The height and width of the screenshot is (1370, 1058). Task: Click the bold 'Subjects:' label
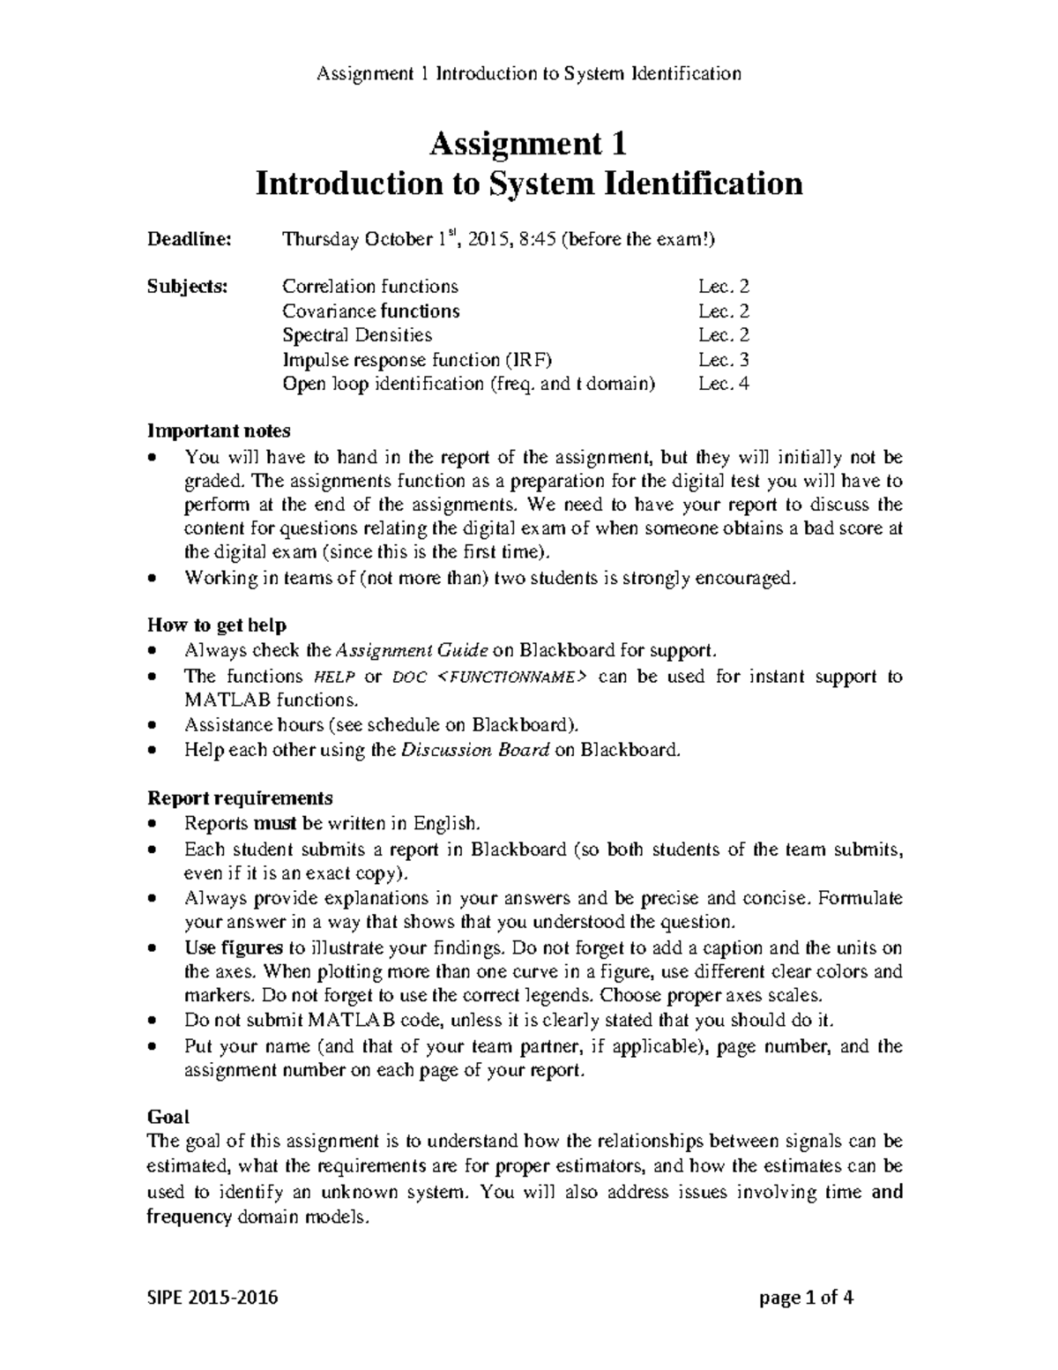187,287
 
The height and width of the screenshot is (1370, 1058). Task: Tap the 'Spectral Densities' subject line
357,335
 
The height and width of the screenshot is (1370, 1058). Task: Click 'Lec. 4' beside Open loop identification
723,384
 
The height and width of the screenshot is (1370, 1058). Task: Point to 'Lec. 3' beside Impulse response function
723,360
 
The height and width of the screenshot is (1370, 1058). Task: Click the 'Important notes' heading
219,431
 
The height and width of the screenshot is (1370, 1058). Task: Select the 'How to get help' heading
217,625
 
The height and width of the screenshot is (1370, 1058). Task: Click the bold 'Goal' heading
168,1117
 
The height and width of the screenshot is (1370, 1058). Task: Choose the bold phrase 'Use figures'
233,948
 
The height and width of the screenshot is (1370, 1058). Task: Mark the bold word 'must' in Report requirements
277,824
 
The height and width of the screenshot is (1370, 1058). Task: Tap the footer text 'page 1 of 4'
806,1299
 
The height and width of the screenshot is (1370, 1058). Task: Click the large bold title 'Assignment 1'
528,144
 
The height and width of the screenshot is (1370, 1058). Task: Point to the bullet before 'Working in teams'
153,580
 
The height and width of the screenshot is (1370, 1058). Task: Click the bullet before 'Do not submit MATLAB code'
153,1021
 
